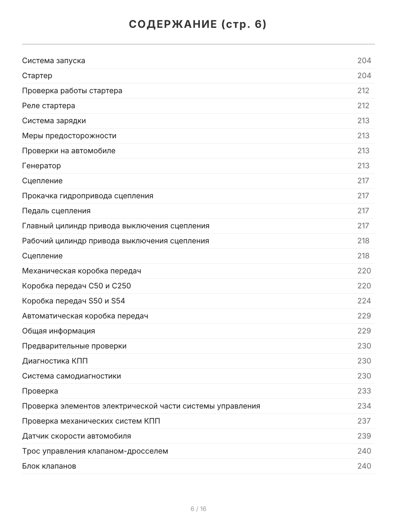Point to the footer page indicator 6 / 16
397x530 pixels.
tap(198, 509)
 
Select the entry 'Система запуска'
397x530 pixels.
tap(53, 61)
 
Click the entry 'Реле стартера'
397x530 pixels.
tap(49, 106)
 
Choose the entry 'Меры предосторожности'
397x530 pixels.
tap(69, 136)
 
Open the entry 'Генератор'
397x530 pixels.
tap(41, 166)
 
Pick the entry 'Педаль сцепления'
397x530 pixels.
tap(56, 211)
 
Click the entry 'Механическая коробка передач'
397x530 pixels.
tap(82, 271)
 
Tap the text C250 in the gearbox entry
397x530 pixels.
tap(121, 286)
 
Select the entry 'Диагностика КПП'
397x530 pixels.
tap(55, 361)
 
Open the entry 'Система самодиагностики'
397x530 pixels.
tap(71, 376)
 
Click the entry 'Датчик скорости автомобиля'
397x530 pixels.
tap(76, 436)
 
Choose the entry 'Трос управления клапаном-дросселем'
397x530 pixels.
tap(95, 451)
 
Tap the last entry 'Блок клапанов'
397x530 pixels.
tap(49, 466)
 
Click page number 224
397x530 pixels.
tap(364, 301)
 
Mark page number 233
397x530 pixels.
tap(364, 391)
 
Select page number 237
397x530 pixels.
tap(364, 421)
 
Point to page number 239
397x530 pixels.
tap(364, 436)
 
